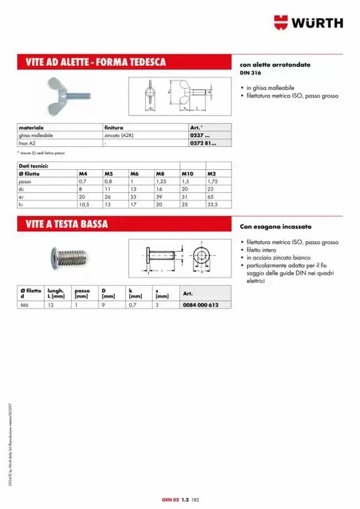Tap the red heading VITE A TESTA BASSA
tap(67, 224)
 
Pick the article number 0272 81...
tap(204, 143)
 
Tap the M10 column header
tap(187, 174)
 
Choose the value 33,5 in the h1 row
tap(212, 204)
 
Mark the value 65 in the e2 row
tap(210, 196)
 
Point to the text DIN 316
tap(248, 73)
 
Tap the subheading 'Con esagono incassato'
tap(275, 226)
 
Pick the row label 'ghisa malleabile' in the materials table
tap(36, 135)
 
